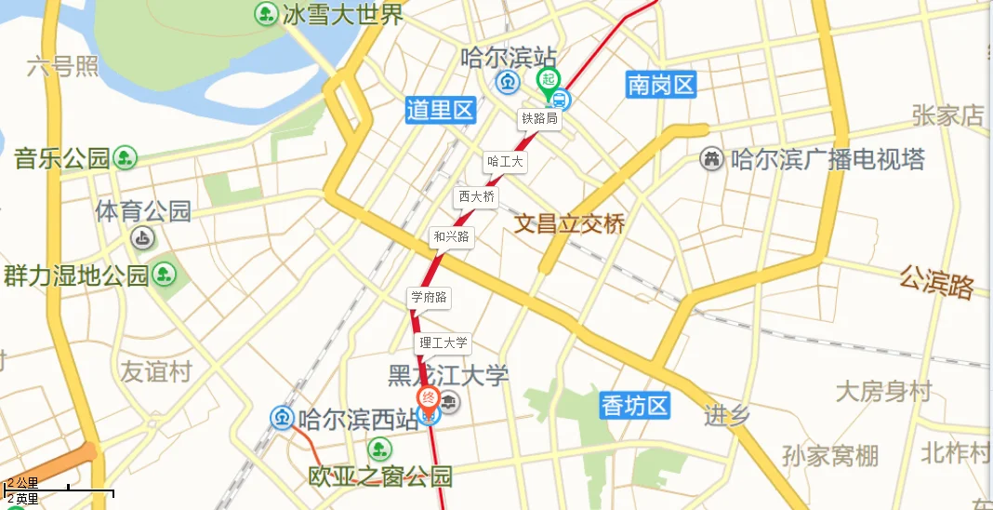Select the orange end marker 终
429,399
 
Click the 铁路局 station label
539,118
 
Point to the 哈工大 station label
506,162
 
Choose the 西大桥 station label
476,197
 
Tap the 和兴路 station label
452,237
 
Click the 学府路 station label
430,298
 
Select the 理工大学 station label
444,342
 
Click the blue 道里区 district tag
441,111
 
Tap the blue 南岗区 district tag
661,86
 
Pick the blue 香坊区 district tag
635,405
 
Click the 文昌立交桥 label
570,223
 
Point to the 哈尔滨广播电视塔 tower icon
712,159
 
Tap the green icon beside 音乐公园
125,158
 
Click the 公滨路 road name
935,281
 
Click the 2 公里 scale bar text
23,483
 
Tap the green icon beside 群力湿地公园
165,275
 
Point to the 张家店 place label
947,114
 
